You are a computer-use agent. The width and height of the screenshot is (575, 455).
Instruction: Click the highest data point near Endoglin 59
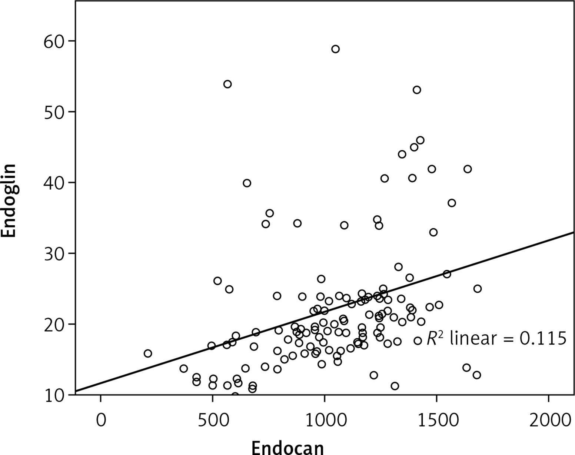pyautogui.click(x=335, y=49)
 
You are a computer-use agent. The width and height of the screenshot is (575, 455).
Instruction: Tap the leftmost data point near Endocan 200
pyautogui.click(x=148, y=353)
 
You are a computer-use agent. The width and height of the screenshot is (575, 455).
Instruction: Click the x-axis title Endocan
pyautogui.click(x=287, y=447)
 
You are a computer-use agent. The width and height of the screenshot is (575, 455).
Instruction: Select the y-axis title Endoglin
pyautogui.click(x=9, y=200)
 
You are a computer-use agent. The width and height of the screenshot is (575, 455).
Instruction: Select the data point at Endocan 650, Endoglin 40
pyautogui.click(x=247, y=183)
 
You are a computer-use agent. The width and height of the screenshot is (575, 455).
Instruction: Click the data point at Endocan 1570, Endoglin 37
pyautogui.click(x=452, y=203)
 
